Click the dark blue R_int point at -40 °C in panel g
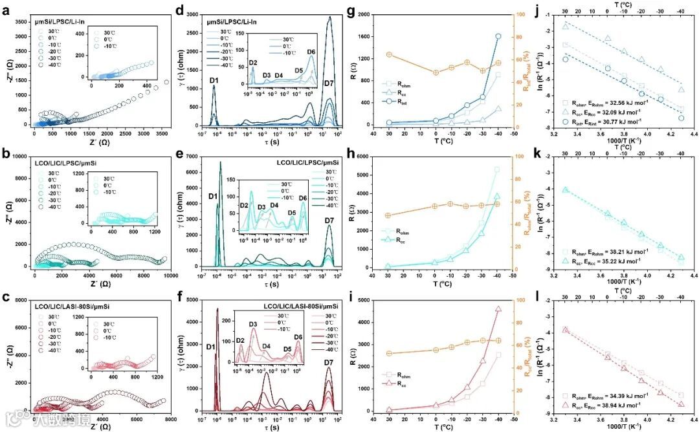[x=498, y=36]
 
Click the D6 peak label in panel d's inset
[x=311, y=52]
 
